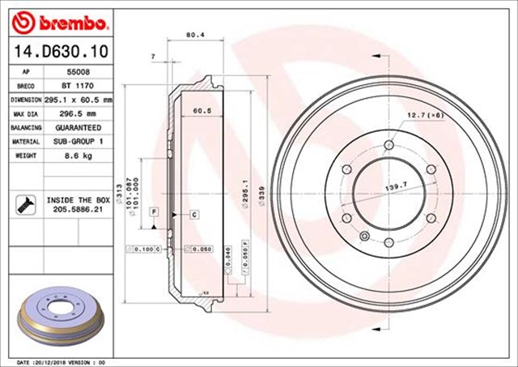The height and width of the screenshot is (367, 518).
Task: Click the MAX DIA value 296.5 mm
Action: point(78,113)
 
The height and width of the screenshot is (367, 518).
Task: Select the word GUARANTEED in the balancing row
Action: point(79,128)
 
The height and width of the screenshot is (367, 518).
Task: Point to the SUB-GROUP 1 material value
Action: point(79,142)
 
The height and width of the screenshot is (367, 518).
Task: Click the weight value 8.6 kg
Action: point(78,156)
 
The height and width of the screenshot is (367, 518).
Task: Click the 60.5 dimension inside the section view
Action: point(202,110)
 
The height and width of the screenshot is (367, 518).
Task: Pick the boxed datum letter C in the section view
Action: point(195,215)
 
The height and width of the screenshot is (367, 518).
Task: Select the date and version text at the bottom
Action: point(61,361)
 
